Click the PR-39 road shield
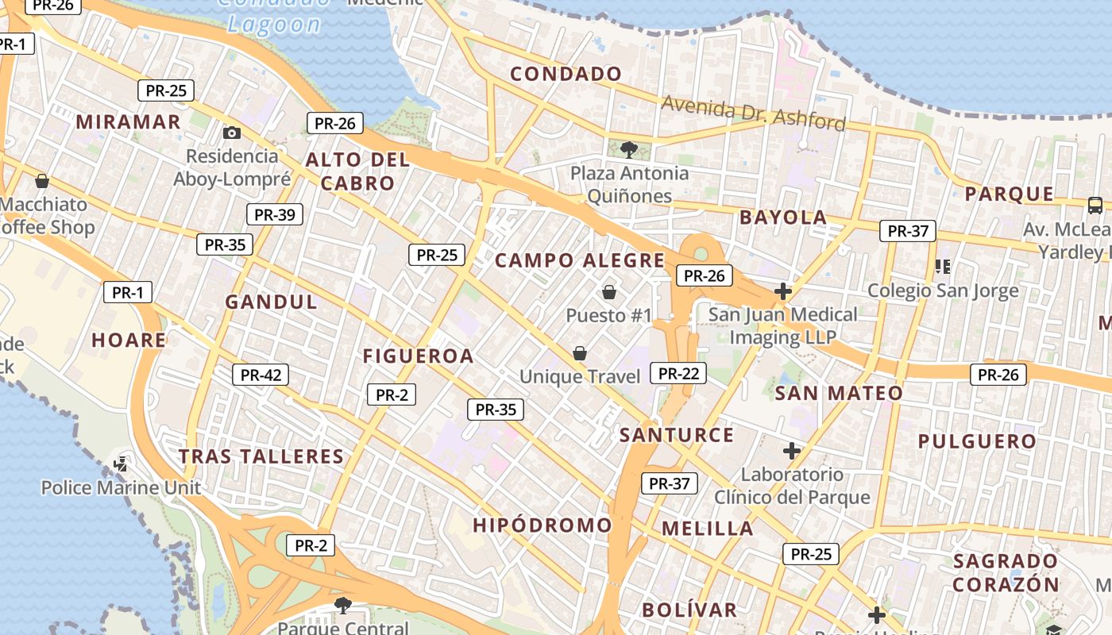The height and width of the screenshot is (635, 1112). [275, 214]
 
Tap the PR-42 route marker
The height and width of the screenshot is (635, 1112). [261, 375]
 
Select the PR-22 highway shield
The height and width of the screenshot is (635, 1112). [678, 373]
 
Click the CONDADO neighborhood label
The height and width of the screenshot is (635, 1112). [566, 75]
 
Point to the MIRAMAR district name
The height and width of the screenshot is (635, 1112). [129, 122]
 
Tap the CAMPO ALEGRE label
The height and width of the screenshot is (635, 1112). [580, 260]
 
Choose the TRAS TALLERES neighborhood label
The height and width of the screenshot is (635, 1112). [261, 456]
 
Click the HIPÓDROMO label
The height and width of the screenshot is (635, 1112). [542, 525]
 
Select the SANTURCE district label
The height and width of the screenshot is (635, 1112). [677, 435]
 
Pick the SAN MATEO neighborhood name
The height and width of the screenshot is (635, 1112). [839, 393]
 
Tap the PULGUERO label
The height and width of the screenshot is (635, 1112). [977, 441]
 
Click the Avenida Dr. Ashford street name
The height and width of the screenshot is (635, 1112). [753, 113]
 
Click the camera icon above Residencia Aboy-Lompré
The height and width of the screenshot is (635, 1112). [232, 133]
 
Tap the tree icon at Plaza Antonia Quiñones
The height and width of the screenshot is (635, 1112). [628, 148]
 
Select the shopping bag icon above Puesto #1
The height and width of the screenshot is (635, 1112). [609, 292]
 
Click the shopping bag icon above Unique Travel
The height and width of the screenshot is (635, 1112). [580, 353]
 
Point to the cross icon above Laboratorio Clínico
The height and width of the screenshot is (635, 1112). [791, 451]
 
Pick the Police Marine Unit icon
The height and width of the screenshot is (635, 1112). [122, 464]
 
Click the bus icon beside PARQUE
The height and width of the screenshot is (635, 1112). [1095, 206]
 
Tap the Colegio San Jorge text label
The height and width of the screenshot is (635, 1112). [943, 291]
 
